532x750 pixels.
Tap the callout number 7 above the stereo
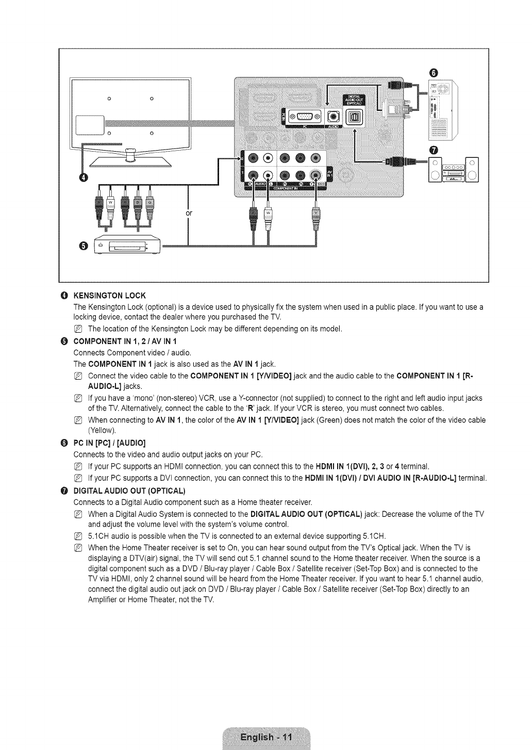tap(433, 150)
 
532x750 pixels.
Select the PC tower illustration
tap(440, 110)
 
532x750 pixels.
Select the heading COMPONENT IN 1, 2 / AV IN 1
tap(126, 341)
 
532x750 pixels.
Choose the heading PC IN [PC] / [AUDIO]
tap(109, 443)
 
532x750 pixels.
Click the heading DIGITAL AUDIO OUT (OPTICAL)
tap(129, 490)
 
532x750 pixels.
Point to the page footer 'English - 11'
tap(266, 737)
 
